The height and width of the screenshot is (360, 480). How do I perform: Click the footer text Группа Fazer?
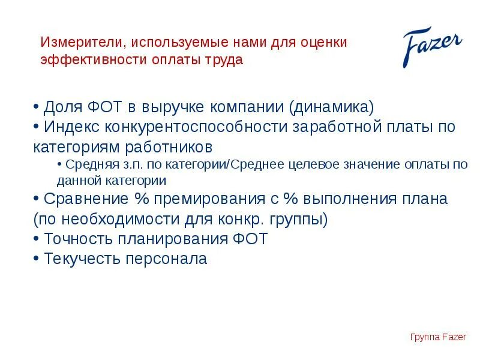(438, 337)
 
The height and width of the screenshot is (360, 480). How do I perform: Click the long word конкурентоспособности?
(197, 127)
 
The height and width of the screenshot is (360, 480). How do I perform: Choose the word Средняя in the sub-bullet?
(87, 164)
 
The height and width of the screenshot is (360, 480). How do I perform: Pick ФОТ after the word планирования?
(247, 239)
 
